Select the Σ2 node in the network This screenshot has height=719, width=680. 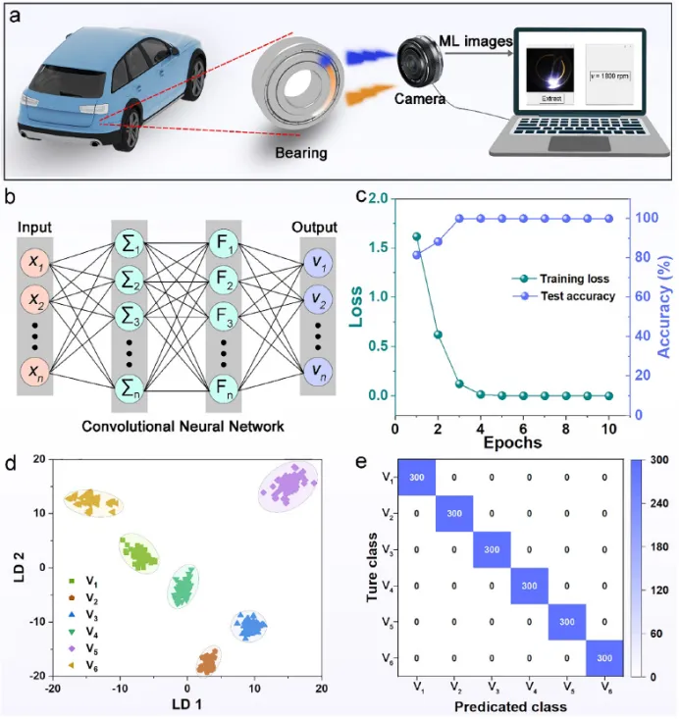130,287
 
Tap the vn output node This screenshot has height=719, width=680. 320,371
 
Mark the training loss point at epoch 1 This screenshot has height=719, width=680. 416,236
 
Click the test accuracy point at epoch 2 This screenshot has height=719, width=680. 438,241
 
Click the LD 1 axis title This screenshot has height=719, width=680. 187,703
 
